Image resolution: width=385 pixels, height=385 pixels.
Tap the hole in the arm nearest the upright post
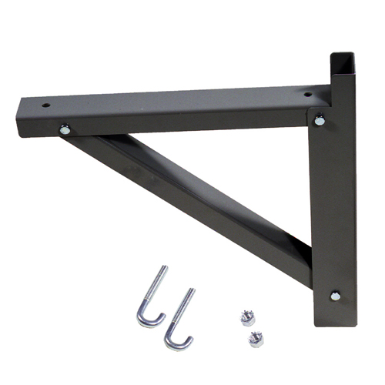[x=308, y=95]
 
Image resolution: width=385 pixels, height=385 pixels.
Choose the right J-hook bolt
[x=180, y=319]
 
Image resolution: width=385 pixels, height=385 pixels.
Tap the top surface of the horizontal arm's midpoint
[x=177, y=102]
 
